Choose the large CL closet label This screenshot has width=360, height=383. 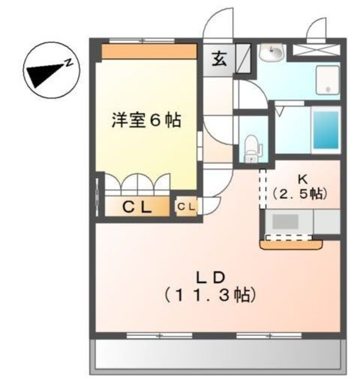(137, 207)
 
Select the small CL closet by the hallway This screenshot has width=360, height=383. (185, 207)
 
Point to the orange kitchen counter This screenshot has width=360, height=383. (291, 244)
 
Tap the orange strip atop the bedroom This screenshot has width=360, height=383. (149, 52)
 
